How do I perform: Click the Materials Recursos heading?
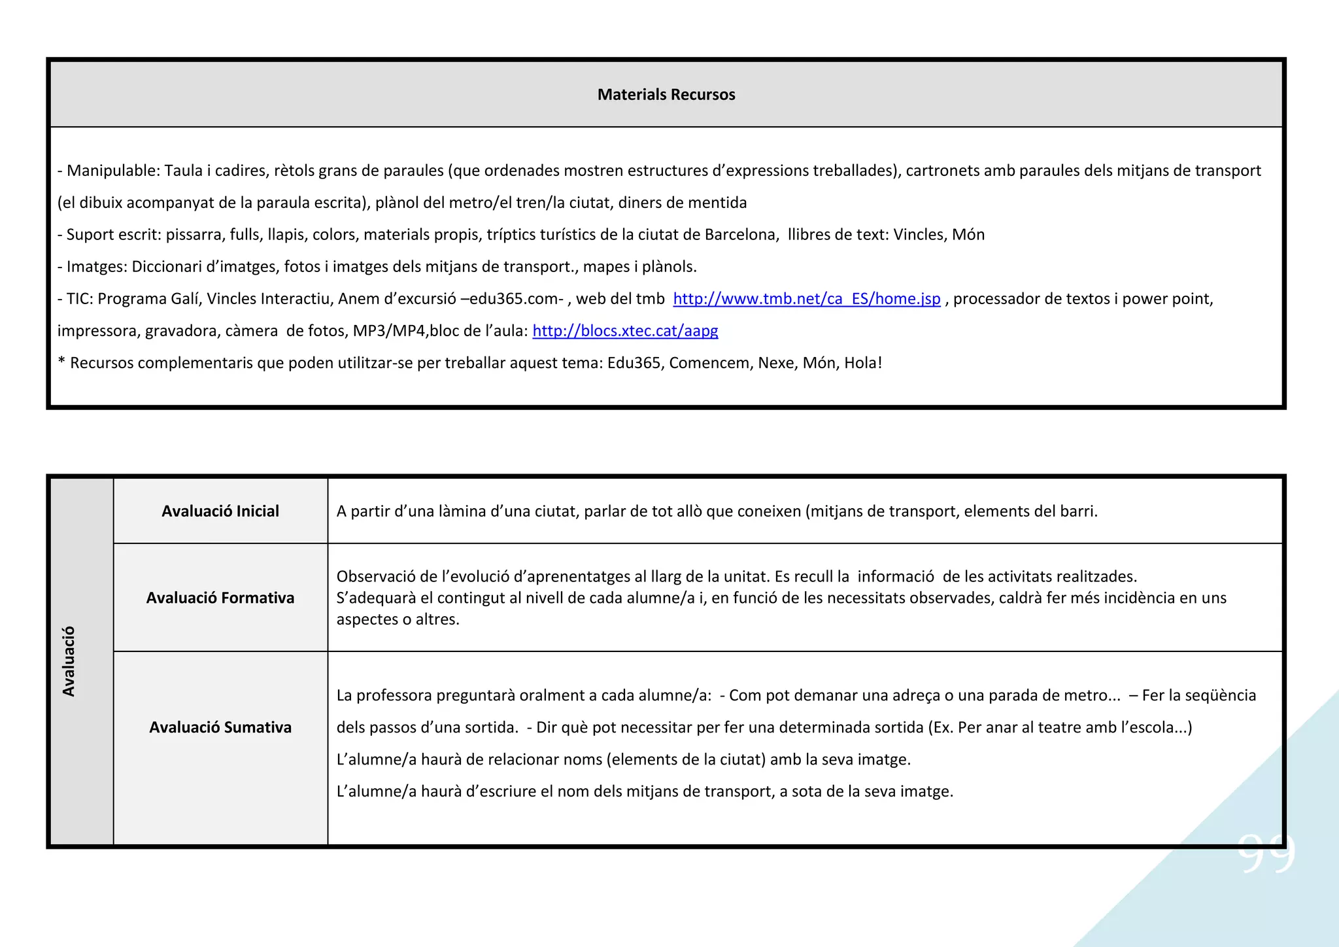coord(666,95)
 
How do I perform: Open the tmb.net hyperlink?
coord(806,299)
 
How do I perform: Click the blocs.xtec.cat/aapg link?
coord(625,331)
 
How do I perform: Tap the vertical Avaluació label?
coord(69,661)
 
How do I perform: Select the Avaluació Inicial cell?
coord(220,511)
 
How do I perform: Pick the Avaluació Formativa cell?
coord(220,598)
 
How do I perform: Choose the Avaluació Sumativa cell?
coord(220,727)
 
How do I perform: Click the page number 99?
coord(1266,852)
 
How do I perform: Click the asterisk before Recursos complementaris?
coord(61,362)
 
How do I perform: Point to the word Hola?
coord(863,363)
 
